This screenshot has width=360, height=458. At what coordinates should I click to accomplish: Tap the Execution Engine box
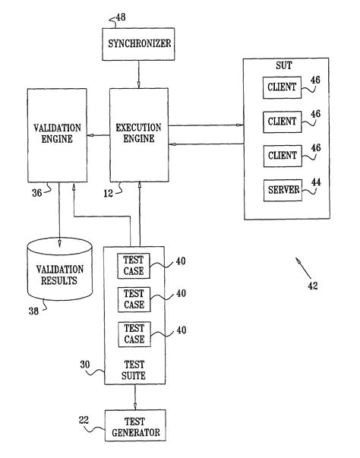click(137, 136)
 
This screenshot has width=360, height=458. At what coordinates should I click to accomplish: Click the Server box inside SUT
click(283, 188)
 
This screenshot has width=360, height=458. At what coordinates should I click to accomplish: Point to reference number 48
click(119, 17)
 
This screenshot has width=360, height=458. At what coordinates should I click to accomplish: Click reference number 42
click(313, 286)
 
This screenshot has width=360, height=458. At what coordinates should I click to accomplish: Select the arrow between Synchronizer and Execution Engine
click(137, 74)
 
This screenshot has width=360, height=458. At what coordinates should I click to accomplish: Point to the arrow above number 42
click(303, 267)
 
